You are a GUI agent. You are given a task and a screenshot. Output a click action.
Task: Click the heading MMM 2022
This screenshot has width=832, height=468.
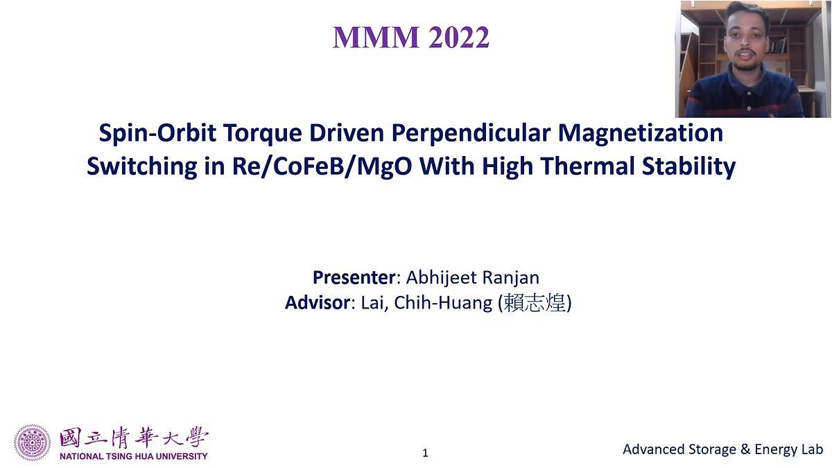point(411,37)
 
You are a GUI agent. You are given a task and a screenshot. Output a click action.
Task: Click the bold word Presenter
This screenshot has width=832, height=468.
point(354,277)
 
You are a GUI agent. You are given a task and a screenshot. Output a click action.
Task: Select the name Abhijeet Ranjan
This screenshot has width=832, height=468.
point(472,277)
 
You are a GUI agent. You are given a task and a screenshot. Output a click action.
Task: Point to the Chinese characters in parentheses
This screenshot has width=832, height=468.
point(535,304)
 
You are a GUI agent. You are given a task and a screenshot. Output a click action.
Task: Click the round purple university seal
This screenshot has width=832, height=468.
point(33,443)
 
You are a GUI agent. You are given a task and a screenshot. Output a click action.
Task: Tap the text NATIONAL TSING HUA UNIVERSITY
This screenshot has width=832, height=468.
point(133,456)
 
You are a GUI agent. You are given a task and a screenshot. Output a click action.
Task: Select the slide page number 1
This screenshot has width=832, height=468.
point(425,453)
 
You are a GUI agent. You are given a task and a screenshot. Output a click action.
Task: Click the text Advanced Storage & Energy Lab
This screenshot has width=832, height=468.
point(722,449)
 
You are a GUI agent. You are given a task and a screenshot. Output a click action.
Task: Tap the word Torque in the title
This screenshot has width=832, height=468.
point(255,132)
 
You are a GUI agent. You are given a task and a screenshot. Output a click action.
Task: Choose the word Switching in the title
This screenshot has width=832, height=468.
point(141,167)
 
